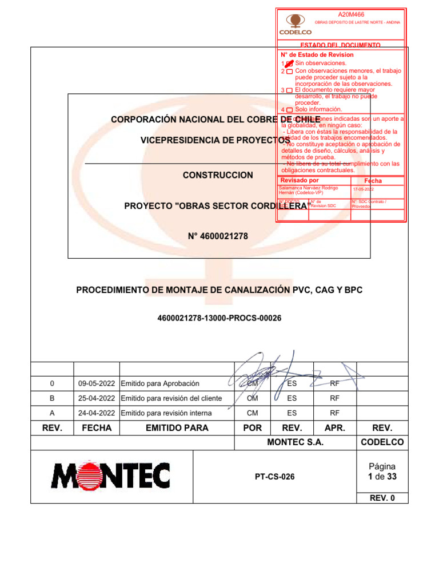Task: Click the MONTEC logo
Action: pos(111,476)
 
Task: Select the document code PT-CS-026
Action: pos(274,476)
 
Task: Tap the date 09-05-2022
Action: pos(96,383)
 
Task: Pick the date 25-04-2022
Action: pos(96,398)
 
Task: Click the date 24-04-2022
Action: pos(96,413)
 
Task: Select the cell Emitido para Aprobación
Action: pos(160,383)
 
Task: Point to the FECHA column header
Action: pos(96,428)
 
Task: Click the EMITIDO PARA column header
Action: pos(177,428)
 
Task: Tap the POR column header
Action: pos(252,428)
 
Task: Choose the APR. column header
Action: pos(335,428)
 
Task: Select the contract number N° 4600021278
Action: pos(218,236)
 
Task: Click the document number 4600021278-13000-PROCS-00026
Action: pos(219,318)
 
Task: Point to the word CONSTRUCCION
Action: pos(217,175)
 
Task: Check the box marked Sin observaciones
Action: pos(289,63)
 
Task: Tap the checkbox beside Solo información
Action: pos(289,110)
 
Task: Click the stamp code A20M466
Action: pos(351,14)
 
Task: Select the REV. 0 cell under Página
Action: pos(382,498)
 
